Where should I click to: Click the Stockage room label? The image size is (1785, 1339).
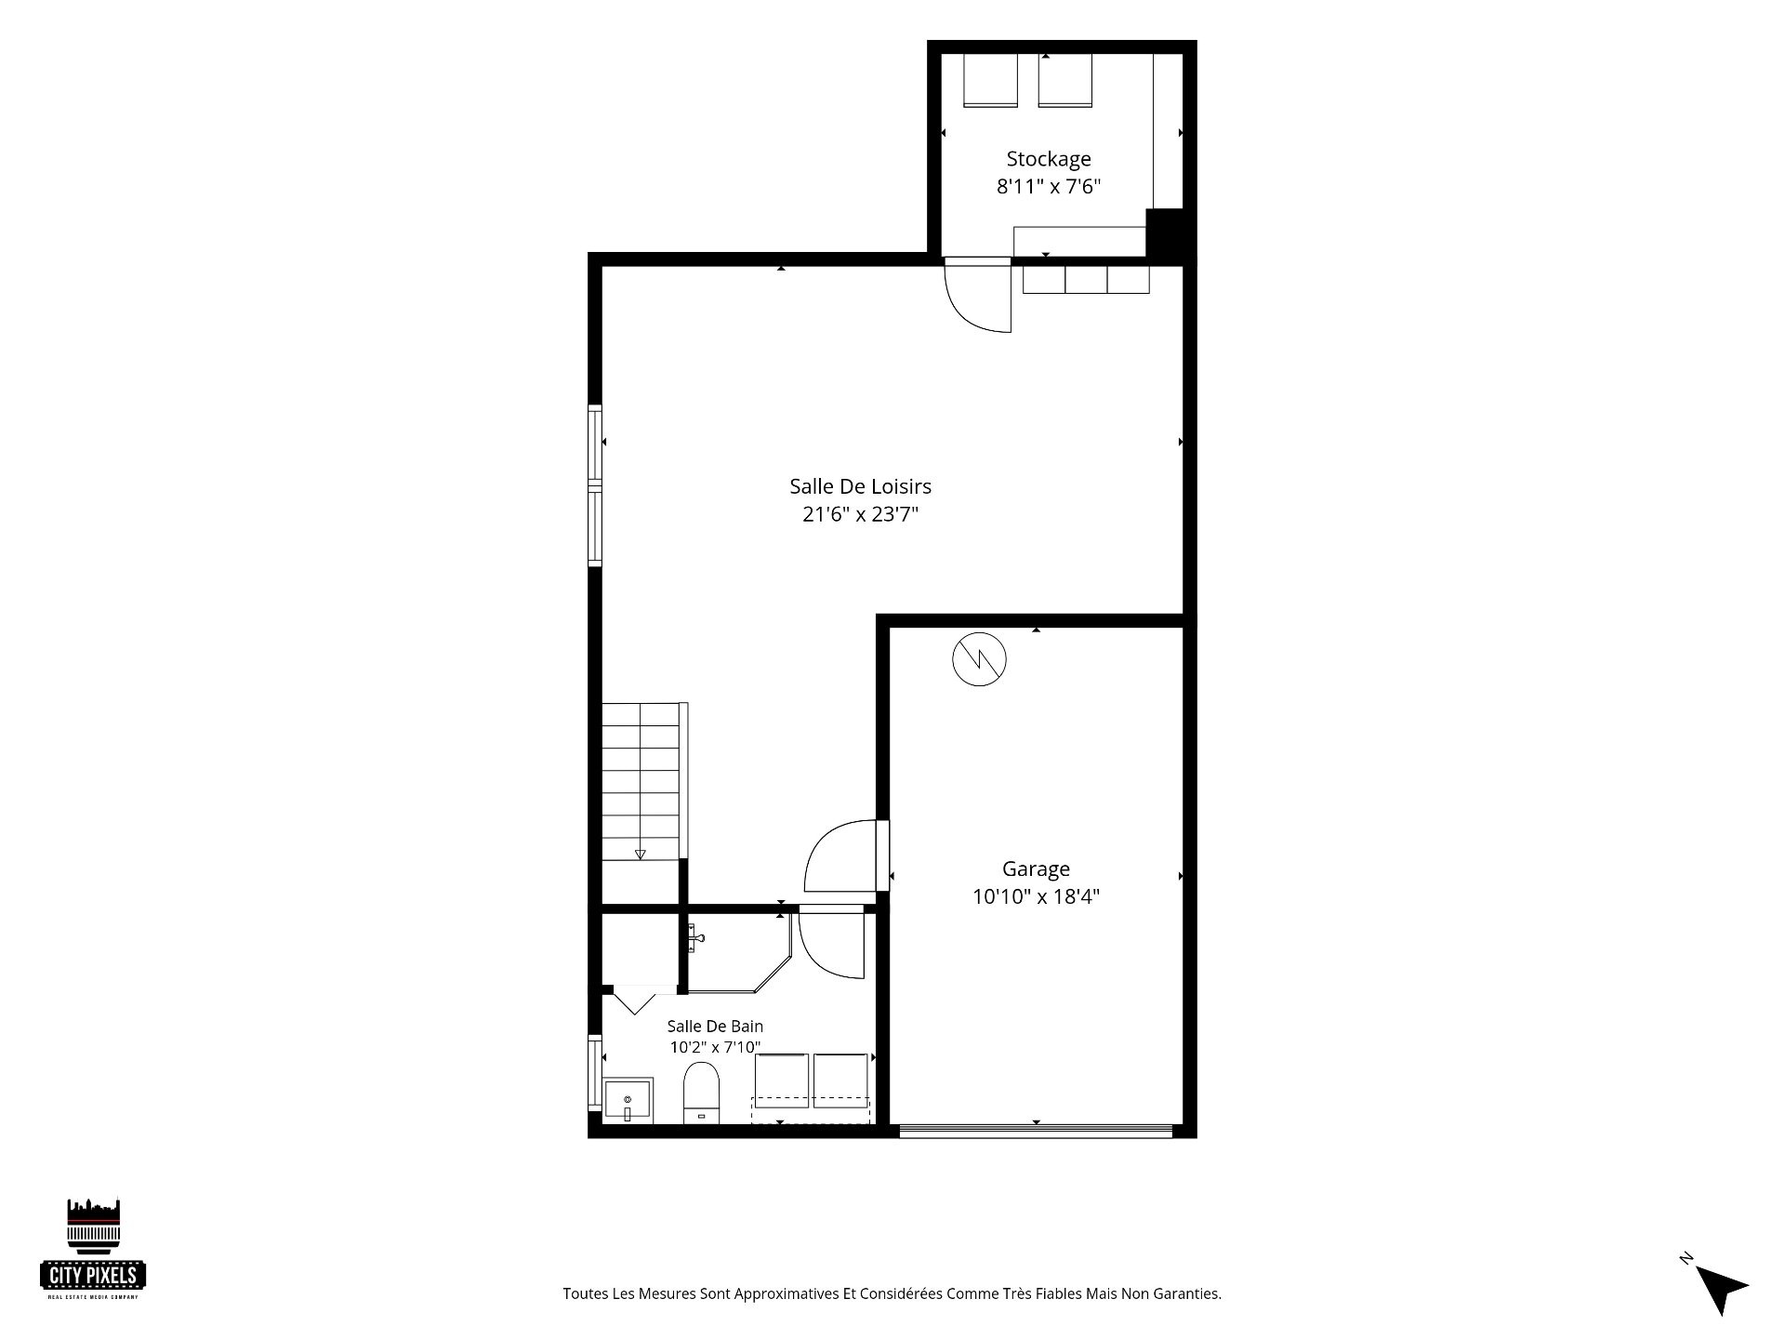[x=1048, y=159]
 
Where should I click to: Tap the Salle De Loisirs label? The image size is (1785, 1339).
[x=860, y=486]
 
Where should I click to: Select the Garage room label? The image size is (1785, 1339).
[x=1036, y=869]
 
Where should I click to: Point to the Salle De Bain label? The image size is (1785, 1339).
[x=715, y=1027]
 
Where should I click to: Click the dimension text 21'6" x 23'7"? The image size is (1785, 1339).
[x=860, y=514]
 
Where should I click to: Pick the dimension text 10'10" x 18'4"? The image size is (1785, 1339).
[x=1036, y=897]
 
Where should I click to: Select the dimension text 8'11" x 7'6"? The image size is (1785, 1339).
[x=1048, y=187]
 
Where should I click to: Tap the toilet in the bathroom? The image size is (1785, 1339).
[x=702, y=1094]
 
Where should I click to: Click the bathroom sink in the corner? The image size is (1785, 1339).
[x=628, y=1101]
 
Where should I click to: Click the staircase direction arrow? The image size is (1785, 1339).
[x=640, y=855]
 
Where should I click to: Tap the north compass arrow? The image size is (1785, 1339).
[x=1721, y=1290]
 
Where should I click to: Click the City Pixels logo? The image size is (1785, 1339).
[x=93, y=1248]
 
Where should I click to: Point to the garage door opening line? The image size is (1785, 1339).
[x=1036, y=1131]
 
